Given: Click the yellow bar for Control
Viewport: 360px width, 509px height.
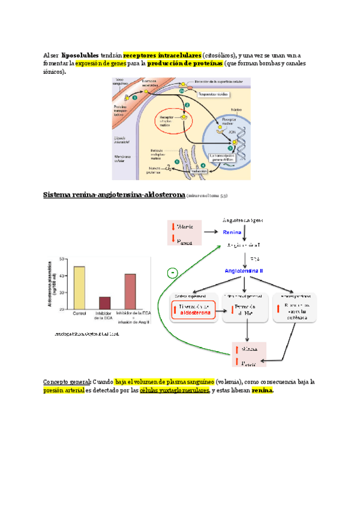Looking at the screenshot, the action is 79,287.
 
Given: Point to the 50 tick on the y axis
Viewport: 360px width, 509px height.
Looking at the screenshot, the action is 62,259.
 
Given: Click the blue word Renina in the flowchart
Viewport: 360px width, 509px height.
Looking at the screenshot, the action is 232,232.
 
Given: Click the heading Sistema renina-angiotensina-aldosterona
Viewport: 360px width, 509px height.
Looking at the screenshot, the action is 113,195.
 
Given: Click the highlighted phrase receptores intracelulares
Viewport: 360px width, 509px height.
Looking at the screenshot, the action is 162,55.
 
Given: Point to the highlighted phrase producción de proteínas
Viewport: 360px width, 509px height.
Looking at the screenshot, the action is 185,63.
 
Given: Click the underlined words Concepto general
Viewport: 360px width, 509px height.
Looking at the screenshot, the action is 66,382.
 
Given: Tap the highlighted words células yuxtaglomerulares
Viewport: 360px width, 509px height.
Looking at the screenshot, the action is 175,391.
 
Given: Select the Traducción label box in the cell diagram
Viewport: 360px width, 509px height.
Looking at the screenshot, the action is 198,172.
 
